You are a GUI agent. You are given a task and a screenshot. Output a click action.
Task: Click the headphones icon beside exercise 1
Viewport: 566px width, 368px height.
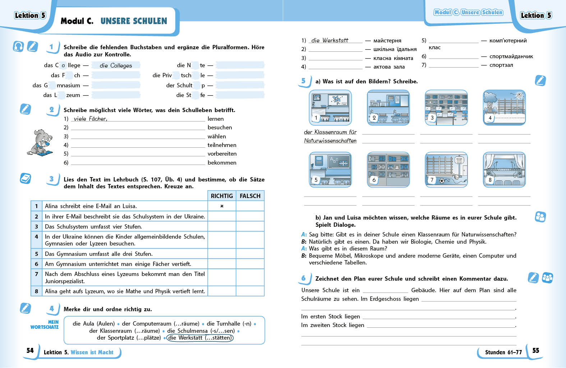click(18, 46)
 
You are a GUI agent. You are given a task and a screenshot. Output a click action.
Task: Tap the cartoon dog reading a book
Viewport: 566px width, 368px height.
click(40, 142)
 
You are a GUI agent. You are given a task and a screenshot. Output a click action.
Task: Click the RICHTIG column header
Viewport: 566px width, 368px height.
click(222, 196)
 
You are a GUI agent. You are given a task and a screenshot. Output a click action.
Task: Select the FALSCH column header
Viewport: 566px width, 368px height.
click(250, 196)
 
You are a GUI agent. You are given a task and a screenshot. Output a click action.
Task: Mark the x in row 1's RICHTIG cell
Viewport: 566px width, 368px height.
click(222, 206)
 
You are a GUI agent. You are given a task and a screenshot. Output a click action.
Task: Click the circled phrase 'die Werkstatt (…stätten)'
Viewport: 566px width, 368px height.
click(200, 338)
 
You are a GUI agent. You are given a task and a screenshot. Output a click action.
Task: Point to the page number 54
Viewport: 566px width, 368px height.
click(30, 350)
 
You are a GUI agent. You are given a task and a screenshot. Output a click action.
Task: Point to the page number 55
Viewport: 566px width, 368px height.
click(535, 350)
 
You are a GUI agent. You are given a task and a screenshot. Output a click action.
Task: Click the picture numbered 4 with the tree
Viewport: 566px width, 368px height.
click(504, 107)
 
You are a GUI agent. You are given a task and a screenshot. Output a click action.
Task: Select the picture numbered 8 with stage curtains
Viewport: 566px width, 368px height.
click(504, 170)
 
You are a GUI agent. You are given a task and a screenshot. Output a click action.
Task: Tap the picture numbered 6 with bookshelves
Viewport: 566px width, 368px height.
click(388, 170)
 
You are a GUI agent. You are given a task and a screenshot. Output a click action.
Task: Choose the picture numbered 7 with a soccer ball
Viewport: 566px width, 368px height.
click(446, 170)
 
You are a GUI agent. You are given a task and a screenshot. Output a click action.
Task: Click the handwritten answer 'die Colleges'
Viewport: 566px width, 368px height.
click(116, 65)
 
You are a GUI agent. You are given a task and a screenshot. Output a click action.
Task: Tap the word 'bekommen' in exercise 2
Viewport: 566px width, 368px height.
click(222, 162)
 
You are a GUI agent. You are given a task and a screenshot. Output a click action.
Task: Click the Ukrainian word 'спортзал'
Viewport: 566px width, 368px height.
click(501, 65)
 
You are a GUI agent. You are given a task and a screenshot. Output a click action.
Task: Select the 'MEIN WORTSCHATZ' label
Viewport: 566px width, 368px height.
click(45, 325)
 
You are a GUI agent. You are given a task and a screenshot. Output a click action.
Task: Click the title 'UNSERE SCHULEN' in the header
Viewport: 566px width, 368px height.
click(134, 21)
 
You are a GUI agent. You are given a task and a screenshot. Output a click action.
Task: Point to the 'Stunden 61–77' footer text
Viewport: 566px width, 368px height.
click(503, 352)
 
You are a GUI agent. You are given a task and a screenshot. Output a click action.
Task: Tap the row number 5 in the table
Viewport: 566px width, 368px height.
click(36, 254)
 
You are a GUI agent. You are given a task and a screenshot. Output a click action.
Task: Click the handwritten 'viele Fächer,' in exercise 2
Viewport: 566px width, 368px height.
click(90, 119)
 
